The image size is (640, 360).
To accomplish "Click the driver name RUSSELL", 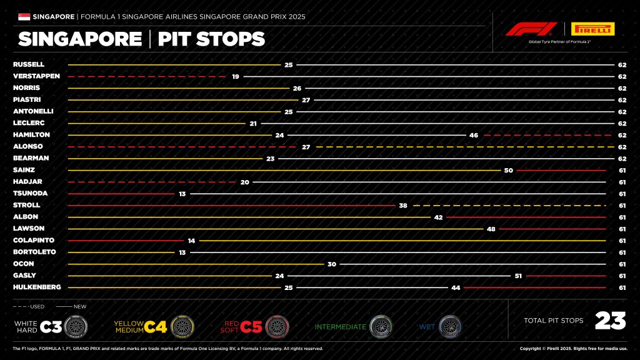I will tap(29, 64).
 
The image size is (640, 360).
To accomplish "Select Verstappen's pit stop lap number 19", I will tap(236, 76).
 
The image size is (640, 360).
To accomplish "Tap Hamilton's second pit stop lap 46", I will tap(473, 134).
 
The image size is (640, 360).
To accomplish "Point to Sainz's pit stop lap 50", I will tap(508, 170).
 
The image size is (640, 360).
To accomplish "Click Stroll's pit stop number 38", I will tap(403, 205).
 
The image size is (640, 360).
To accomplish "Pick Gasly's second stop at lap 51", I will tap(517, 275).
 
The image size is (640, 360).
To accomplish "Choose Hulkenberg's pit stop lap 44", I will tap(454, 287).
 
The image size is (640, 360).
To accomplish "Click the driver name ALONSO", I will tap(27, 146).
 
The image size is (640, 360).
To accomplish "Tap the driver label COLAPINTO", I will tap(34, 240).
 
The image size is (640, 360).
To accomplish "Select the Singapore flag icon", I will tap(25, 16).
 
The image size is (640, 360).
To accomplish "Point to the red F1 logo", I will tap(531, 29).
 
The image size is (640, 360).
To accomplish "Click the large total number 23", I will tap(610, 321).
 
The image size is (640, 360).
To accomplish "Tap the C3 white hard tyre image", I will tap(75, 326).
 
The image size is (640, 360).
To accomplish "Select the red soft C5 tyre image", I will tap(276, 326).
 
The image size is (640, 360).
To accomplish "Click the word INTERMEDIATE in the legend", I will tap(341, 326).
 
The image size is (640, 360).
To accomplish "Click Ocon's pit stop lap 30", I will tap(332, 264).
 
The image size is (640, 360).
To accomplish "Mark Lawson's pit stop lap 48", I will tap(491, 229).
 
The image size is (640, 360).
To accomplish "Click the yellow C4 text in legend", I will tap(156, 326).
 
